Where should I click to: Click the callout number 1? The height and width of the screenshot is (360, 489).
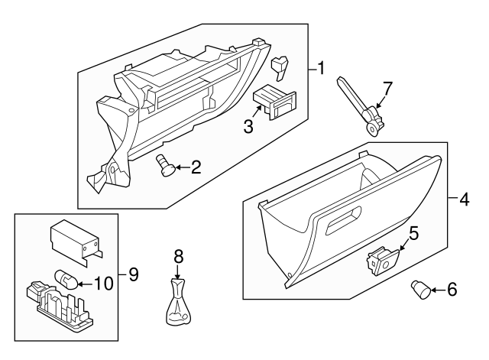[321, 69]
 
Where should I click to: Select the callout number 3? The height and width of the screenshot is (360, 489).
[248, 126]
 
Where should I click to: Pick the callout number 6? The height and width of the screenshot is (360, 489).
[452, 290]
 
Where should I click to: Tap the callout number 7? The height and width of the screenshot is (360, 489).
[387, 89]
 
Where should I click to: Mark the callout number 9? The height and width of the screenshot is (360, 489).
[133, 273]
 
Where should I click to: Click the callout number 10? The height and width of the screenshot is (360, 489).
[103, 283]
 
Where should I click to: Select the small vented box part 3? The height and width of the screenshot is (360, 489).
[273, 102]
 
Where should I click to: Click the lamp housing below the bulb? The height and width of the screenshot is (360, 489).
[59, 305]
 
